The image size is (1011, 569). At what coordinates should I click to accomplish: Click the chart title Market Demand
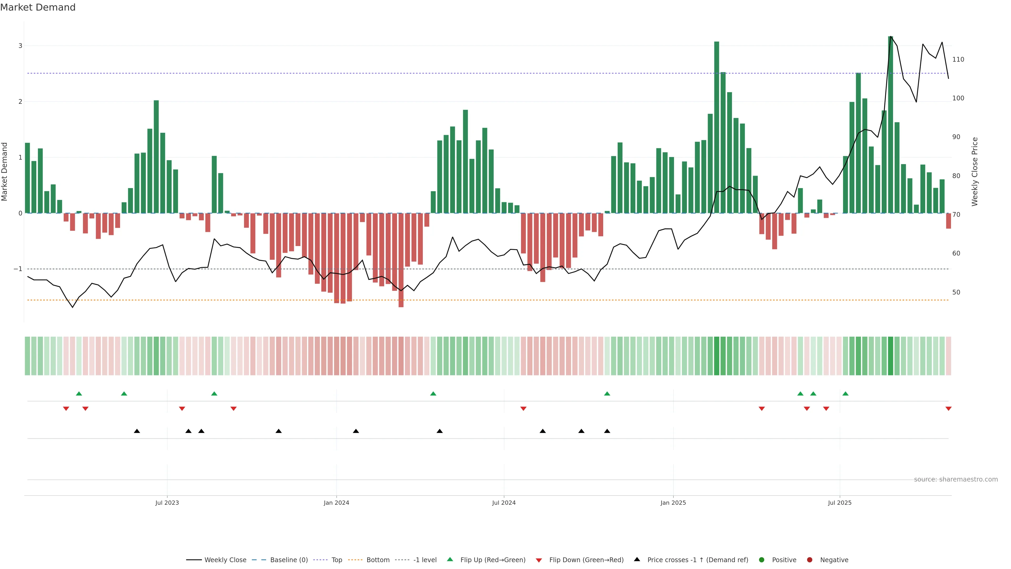38,7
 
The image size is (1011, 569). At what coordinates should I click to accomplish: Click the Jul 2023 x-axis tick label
167,503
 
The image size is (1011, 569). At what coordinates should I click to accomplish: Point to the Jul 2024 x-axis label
504,503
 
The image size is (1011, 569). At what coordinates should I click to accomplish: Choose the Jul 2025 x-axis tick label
840,503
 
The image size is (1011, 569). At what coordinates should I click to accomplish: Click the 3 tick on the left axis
21,46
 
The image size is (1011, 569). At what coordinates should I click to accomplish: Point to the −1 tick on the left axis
18,269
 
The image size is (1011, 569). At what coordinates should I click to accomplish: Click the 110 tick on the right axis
958,60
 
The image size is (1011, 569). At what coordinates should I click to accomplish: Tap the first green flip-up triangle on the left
79,394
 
